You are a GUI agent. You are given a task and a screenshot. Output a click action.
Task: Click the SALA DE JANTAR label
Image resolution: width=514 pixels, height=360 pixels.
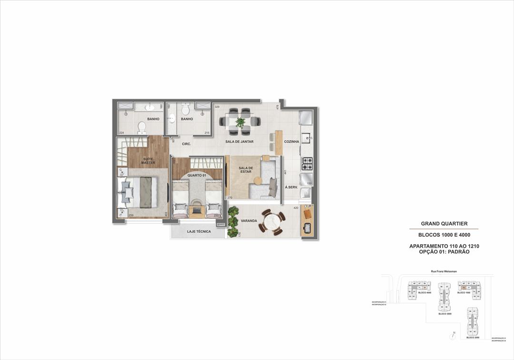pos(239,141)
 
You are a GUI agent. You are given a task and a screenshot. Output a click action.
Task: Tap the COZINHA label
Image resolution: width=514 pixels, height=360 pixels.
pos(291,141)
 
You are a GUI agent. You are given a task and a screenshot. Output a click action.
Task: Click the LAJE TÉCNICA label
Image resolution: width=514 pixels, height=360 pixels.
pos(198,231)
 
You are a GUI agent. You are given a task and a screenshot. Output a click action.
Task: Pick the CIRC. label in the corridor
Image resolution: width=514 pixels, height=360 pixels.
pos(186,143)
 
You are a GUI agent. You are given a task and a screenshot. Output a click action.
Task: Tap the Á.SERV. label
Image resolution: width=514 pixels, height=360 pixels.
pos(291,187)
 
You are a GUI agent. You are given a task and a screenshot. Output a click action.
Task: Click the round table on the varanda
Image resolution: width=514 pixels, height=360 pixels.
pos(272,222)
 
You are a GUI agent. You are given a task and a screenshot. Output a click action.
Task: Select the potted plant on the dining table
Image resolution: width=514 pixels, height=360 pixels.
pos(240,122)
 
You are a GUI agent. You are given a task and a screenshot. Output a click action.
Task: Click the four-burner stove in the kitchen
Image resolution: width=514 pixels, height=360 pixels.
pos(307,163)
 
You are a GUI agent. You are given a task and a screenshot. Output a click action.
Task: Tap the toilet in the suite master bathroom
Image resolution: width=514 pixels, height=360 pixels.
pos(142,127)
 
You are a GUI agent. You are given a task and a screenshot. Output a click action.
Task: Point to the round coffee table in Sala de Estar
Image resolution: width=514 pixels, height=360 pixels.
pos(257,181)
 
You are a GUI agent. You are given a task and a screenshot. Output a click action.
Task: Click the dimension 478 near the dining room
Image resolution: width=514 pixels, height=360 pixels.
pos(277,107)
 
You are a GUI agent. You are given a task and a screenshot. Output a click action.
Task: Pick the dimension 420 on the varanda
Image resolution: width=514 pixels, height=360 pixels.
pos(296,208)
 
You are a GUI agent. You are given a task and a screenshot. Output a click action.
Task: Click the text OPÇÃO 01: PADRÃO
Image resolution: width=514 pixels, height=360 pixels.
pos(444,251)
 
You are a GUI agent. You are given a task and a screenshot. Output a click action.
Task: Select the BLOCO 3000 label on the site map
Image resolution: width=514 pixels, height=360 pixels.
pos(445,314)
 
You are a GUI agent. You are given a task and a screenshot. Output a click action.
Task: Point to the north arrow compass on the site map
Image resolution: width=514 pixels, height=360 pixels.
pos(452,336)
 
